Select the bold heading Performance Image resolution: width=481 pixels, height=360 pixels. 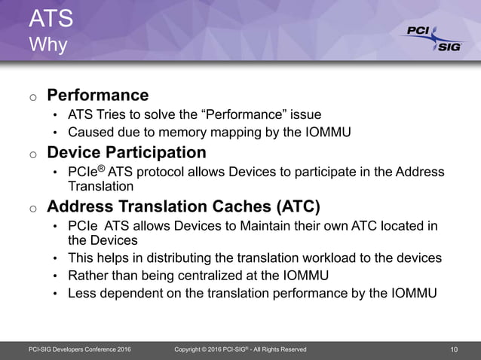(98, 96)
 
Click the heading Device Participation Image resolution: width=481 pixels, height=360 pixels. (126, 153)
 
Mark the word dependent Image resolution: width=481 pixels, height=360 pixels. (134, 294)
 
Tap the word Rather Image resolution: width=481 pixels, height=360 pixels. (90, 276)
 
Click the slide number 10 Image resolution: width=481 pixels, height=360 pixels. (454, 349)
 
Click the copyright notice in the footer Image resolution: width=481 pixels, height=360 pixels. (240, 349)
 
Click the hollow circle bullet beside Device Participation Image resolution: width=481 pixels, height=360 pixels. (32, 154)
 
